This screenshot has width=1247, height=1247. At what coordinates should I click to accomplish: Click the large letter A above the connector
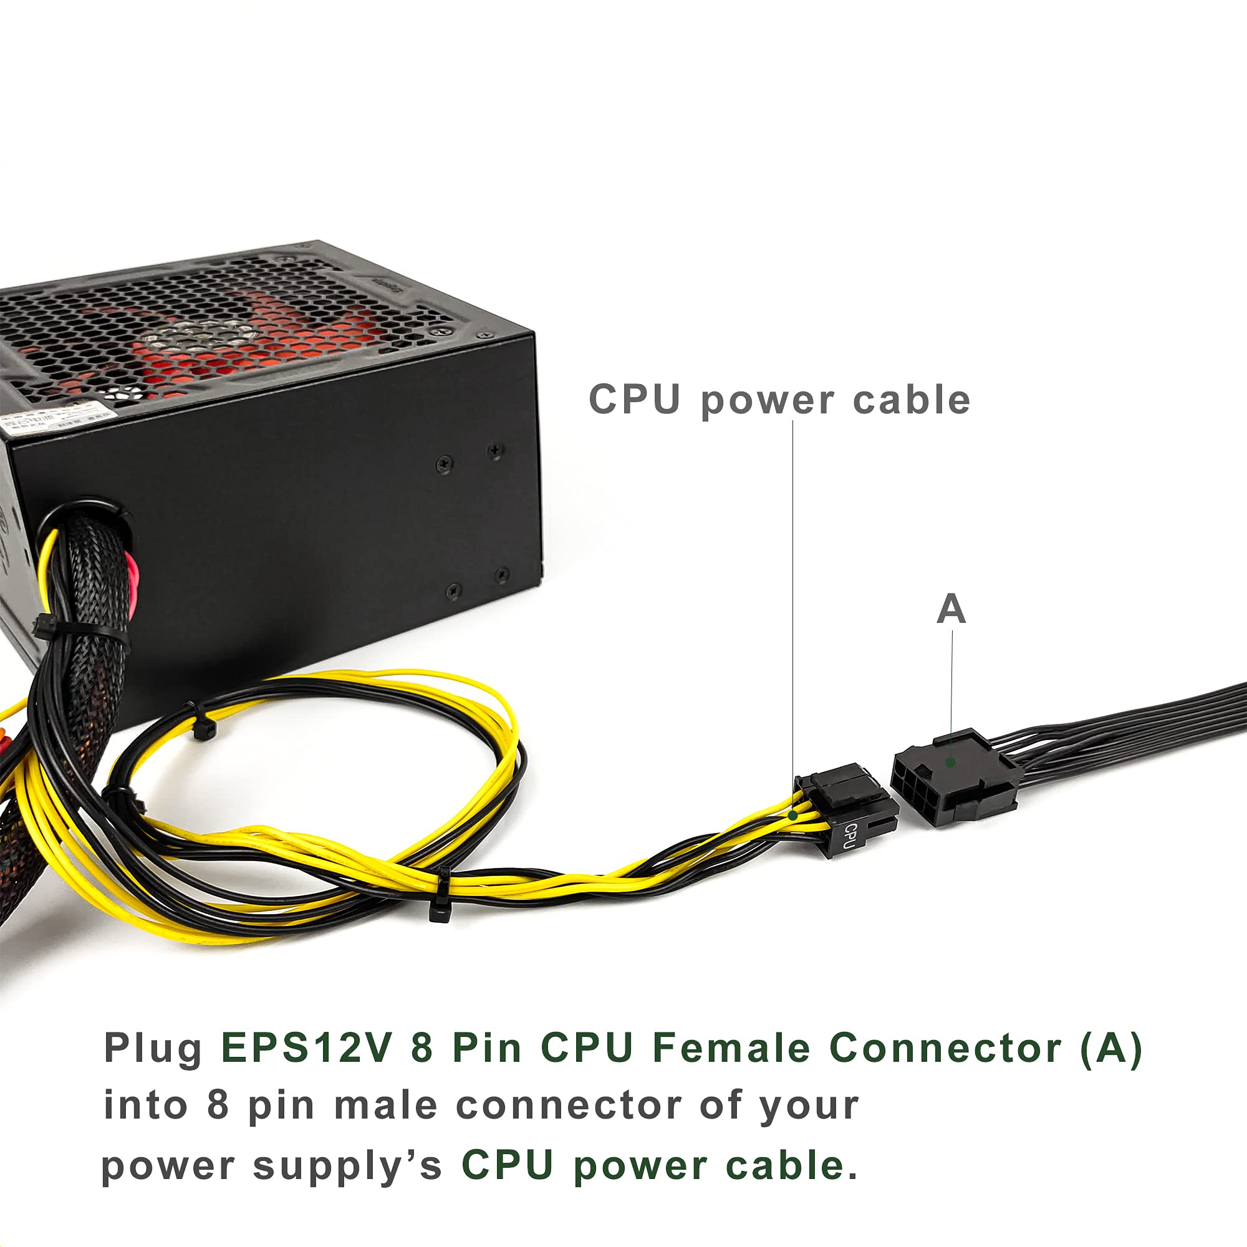(x=951, y=609)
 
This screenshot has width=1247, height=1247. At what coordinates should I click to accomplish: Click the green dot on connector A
(x=951, y=763)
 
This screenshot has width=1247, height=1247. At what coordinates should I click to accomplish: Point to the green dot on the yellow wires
(x=793, y=816)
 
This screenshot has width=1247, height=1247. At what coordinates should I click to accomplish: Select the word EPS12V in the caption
(x=306, y=1047)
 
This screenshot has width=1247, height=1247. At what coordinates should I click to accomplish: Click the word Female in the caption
(x=731, y=1047)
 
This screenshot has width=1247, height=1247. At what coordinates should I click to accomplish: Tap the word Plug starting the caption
(x=153, y=1048)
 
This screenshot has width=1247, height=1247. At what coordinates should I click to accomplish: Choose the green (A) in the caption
(x=1111, y=1047)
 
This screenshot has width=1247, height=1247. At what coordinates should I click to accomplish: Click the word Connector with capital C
(x=945, y=1047)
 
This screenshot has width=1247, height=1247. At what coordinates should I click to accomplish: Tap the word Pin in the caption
(x=487, y=1047)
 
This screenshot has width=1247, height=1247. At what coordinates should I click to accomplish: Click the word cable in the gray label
(x=912, y=400)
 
